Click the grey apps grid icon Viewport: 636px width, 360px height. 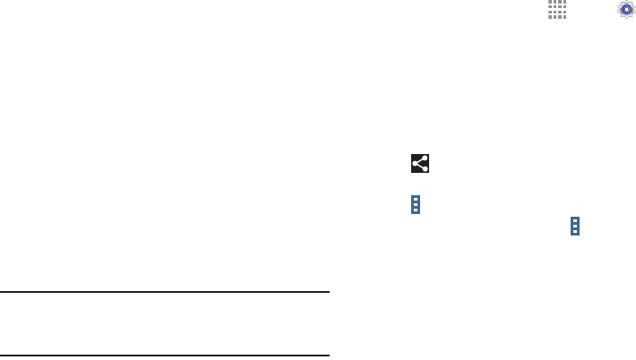(x=557, y=10)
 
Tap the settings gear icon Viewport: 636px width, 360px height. (x=625, y=9)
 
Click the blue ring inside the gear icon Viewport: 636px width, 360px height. (x=625, y=9)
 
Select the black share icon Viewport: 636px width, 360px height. (x=420, y=163)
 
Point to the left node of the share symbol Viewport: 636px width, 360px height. (x=416, y=163)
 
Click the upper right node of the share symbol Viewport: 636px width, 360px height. (x=424, y=159)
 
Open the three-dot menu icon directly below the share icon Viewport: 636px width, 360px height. (x=416, y=205)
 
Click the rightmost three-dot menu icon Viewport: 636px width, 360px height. (x=575, y=226)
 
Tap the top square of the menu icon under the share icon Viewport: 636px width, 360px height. (x=416, y=200)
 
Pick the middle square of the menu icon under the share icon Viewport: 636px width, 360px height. (x=416, y=205)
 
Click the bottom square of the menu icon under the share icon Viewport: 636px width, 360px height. (x=416, y=210)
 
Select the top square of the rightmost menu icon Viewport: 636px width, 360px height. (x=575, y=220)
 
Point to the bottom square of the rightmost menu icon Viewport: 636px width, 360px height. (x=575, y=232)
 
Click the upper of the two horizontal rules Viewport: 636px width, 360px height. (x=165, y=291)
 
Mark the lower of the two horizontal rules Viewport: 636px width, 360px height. (x=165, y=356)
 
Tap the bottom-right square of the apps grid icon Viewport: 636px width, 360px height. (x=563, y=16)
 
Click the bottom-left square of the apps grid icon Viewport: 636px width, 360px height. (x=551, y=16)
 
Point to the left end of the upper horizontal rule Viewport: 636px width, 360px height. (x=2, y=291)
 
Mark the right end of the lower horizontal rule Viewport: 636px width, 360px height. (x=328, y=356)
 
